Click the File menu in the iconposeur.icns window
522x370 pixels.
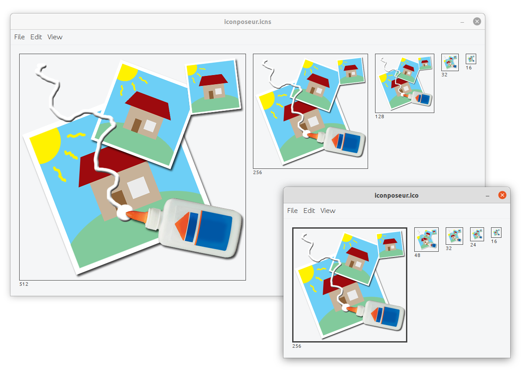pyautogui.click(x=19, y=37)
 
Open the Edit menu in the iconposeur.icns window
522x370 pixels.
pyautogui.click(x=36, y=37)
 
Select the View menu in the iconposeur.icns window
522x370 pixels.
pyautogui.click(x=55, y=37)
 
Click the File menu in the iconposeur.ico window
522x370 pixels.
pyautogui.click(x=292, y=210)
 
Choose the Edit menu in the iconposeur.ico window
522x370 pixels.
pyautogui.click(x=309, y=210)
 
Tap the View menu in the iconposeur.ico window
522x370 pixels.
pyautogui.click(x=328, y=210)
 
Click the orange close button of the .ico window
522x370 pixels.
pyautogui.click(x=502, y=195)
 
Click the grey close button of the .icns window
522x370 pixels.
pyautogui.click(x=477, y=22)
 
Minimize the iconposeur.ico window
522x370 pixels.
pyautogui.click(x=488, y=196)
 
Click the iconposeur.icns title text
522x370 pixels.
pyautogui.click(x=247, y=22)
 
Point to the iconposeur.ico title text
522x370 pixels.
pyautogui.click(x=396, y=195)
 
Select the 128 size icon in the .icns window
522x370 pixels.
pyautogui.click(x=405, y=83)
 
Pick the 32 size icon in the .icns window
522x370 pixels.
pyautogui.click(x=450, y=62)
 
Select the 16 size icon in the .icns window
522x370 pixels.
pyautogui.click(x=471, y=59)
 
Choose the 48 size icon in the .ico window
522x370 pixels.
pyautogui.click(x=426, y=240)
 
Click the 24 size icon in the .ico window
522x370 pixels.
pyautogui.click(x=477, y=234)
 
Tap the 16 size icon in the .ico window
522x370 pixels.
pyautogui.click(x=496, y=233)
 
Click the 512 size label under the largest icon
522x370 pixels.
pyautogui.click(x=24, y=284)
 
